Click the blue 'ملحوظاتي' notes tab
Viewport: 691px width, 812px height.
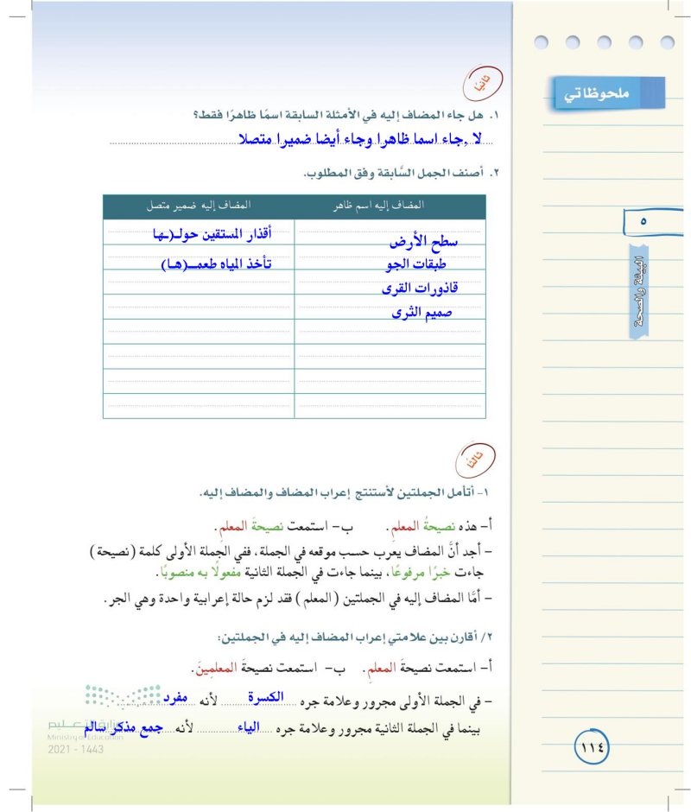[608, 92]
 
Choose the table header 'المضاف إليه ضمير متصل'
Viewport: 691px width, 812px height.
[199, 206]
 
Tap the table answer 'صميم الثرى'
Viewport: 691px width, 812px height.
[421, 312]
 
